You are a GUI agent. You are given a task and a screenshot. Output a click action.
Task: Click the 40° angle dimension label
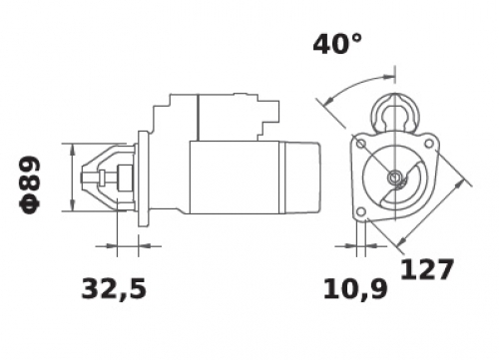coord(337,44)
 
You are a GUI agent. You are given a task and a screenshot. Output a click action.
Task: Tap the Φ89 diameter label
coord(30,185)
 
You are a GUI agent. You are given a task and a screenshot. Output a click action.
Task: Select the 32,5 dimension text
coord(114,289)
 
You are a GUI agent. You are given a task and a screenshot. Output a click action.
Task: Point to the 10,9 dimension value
coord(355,289)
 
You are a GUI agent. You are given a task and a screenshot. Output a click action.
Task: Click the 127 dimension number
coord(427,268)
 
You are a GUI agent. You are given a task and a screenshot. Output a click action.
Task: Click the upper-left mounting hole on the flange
coord(361,144)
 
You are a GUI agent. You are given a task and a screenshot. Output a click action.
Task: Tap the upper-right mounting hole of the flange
coord(429,144)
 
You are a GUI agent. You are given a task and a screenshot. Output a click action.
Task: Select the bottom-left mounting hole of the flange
coord(360,211)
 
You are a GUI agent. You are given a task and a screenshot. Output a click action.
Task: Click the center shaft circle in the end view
coord(395,178)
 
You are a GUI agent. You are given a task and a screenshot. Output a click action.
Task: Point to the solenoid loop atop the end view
coord(394,113)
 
